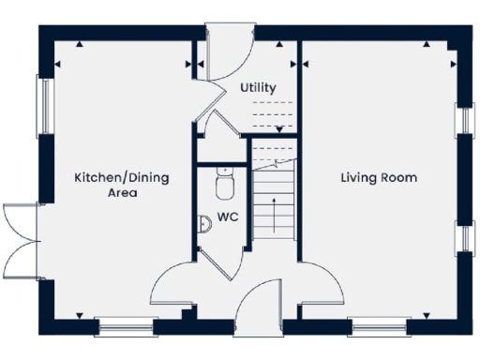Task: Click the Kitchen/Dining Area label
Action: pyautogui.click(x=109, y=185)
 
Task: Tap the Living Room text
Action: pyautogui.click(x=378, y=177)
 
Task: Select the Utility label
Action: pyautogui.click(x=258, y=88)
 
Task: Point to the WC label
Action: pyautogui.click(x=227, y=217)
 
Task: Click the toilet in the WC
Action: pyautogui.click(x=224, y=184)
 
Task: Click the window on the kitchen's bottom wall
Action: pyautogui.click(x=125, y=328)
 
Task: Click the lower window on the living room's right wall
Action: pyautogui.click(x=461, y=237)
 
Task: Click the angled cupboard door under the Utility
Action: pyautogui.click(x=223, y=126)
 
